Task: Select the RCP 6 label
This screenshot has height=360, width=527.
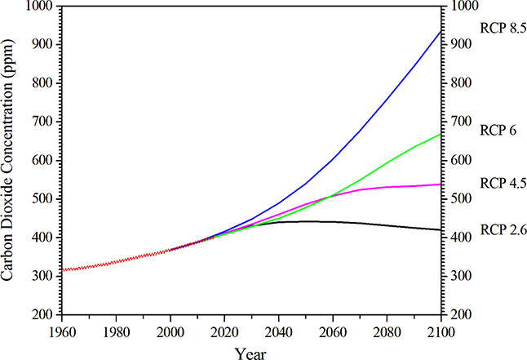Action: pyautogui.click(x=498, y=129)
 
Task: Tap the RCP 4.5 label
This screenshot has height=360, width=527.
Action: pyautogui.click(x=504, y=182)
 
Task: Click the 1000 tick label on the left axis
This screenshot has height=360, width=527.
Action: pyautogui.click(x=39, y=7)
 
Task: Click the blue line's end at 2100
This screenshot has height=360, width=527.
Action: pyautogui.click(x=441, y=31)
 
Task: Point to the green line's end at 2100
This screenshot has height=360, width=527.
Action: pyautogui.click(x=441, y=134)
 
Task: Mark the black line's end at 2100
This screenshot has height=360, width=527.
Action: pyautogui.click(x=441, y=230)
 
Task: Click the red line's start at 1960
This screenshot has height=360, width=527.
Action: pyautogui.click(x=62, y=269)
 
